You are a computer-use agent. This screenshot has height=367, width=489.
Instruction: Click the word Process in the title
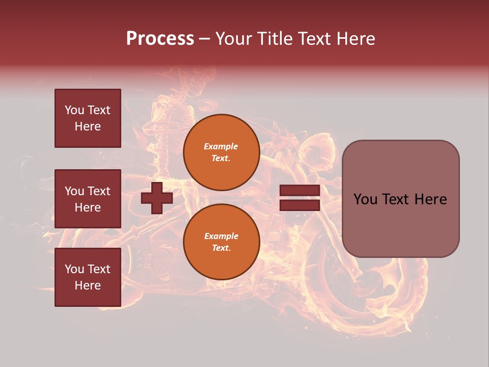click(160, 39)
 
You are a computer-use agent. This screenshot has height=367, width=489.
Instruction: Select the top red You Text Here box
click(88, 118)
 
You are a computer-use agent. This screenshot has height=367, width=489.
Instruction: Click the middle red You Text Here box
click(88, 199)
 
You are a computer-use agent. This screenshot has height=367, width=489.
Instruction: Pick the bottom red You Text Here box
click(88, 277)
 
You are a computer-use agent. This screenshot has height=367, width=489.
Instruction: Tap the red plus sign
click(156, 198)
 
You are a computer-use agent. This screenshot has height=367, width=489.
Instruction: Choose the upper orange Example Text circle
click(221, 152)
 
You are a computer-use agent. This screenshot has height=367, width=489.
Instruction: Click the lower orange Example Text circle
click(221, 242)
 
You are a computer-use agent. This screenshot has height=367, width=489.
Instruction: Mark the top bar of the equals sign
click(300, 191)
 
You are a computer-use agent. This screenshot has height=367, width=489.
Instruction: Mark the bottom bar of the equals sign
click(300, 205)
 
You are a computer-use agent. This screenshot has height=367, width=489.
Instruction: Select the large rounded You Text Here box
click(400, 199)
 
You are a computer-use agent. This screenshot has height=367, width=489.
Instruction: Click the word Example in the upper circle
click(221, 146)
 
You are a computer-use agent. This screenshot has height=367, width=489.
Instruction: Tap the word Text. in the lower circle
click(221, 248)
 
